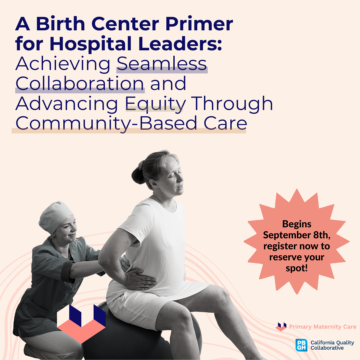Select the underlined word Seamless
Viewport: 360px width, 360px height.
162,64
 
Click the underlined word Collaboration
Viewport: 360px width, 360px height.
80,84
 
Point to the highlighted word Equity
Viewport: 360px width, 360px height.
154,104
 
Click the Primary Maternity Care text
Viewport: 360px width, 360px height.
322,327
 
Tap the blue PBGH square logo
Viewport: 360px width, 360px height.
301,345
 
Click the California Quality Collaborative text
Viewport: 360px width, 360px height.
332,345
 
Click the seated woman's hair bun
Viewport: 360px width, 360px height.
139,173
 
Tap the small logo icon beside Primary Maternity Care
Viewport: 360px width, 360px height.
281,327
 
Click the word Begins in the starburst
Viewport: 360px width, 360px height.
297,224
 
